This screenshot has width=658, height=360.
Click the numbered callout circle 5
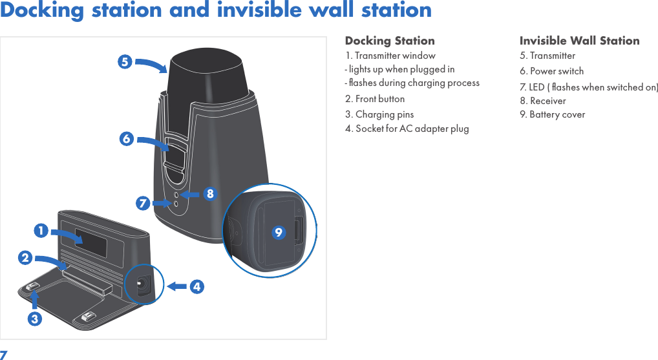(125, 62)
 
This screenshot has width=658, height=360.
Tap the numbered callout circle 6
(127, 139)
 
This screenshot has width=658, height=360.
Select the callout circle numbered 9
(278, 232)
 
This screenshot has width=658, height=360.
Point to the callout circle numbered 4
(197, 286)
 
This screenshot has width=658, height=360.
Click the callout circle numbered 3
(35, 319)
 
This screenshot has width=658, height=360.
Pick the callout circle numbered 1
(41, 230)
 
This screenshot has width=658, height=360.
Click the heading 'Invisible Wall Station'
(579, 41)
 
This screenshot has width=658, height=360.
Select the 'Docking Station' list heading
(390, 41)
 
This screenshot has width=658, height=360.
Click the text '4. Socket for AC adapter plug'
(407, 129)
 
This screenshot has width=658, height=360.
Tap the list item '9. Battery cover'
(552, 114)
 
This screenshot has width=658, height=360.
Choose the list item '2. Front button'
(375, 99)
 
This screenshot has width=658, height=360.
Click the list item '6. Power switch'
(551, 71)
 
